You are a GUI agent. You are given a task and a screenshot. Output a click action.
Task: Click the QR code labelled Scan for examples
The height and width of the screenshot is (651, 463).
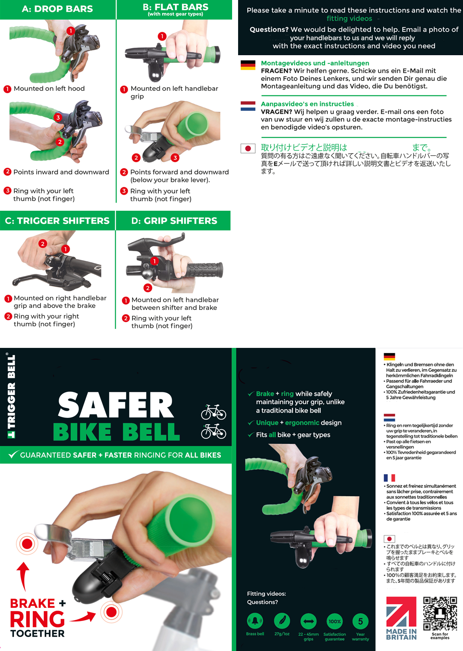point(440,613)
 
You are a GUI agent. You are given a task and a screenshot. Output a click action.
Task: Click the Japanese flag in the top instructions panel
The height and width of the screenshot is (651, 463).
point(248,148)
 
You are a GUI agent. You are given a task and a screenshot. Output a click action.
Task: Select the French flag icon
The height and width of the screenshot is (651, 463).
point(389,477)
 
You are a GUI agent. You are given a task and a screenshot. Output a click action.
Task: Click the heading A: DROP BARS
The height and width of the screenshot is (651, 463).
point(58,9)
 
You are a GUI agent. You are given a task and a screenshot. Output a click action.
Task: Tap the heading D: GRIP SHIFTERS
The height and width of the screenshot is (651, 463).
point(174,221)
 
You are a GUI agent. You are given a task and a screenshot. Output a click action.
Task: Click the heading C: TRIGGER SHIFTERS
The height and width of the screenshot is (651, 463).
point(57,221)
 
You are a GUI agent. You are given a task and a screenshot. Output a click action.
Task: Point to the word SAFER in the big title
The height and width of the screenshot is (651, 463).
point(116,405)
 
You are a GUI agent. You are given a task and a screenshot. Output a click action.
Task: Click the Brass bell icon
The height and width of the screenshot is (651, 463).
point(255,621)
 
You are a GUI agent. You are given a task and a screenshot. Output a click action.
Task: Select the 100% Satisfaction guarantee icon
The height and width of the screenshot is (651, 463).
point(334,621)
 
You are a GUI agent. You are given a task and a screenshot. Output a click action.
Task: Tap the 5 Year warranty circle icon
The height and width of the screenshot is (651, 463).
point(360,621)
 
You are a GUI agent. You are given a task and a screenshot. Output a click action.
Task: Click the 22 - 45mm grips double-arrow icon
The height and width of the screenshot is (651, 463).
point(308,621)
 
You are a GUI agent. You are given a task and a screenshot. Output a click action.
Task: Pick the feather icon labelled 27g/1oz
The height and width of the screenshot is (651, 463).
point(282,621)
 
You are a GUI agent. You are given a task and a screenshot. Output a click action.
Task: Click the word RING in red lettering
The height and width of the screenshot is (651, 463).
point(37,619)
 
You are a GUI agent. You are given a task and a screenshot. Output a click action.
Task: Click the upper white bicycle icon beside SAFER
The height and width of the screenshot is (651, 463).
point(213,412)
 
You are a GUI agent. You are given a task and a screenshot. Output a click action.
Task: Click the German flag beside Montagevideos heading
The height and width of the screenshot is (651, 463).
point(248,65)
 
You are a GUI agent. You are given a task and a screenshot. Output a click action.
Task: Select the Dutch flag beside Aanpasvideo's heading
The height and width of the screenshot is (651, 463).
point(248,106)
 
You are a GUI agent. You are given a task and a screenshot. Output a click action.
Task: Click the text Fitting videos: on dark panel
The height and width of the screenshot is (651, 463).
point(266,593)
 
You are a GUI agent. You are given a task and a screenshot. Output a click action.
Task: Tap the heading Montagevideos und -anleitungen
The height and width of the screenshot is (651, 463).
point(315,63)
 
